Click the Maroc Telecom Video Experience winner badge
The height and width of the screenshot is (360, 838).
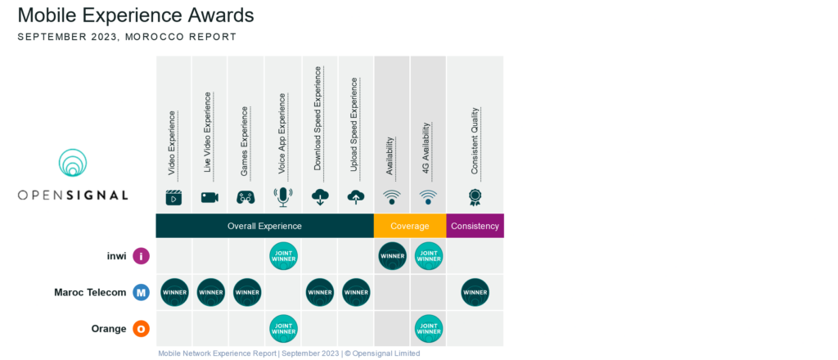pos(174,292)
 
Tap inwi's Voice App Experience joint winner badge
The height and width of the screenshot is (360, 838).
pos(283,256)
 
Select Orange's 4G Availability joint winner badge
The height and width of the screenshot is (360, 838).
pos(429,328)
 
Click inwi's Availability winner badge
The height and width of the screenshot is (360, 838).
pos(392,256)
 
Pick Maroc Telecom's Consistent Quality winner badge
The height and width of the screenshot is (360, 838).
pos(475,292)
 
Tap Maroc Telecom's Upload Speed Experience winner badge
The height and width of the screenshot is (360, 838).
pos(356,292)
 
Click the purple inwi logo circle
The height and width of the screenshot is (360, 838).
pos(142,256)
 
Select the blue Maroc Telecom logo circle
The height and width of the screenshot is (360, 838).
pos(142,292)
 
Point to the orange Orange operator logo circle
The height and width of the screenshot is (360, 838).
pos(142,328)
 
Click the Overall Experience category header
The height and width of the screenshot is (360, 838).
pos(264,226)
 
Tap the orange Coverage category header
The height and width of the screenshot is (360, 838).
pos(410,226)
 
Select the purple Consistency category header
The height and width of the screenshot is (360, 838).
pos(475,226)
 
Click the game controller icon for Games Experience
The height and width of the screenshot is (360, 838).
pos(246,197)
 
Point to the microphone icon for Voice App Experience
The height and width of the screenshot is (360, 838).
pos(283,196)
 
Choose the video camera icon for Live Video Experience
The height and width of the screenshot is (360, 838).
pos(209,197)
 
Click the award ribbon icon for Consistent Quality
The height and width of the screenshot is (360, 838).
pos(475,197)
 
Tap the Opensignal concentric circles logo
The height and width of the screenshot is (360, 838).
pos(73,164)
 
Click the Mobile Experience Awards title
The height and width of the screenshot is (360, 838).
pos(135,16)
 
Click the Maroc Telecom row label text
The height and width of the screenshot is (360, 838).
pos(90,292)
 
